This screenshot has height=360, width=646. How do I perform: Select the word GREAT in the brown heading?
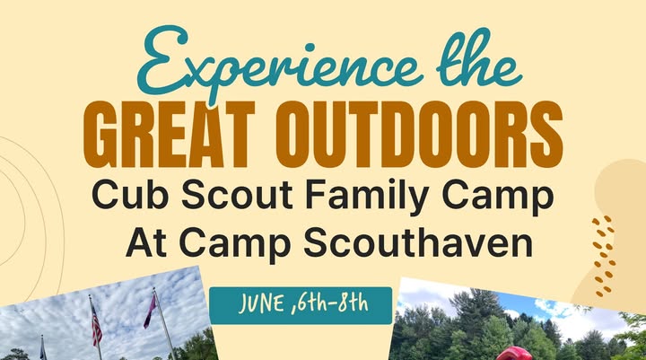[170, 135]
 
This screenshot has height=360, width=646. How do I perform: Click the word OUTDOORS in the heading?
[419, 135]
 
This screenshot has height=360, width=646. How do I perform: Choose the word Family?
[367, 198]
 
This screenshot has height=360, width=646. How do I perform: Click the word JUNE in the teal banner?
[261, 304]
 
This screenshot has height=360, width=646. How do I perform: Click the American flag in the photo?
[96, 324]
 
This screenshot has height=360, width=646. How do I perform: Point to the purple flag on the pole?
[150, 311]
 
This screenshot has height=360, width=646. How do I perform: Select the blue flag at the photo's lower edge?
[43, 347]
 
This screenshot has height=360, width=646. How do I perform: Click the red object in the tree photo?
[514, 354]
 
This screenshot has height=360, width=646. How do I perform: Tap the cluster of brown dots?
[603, 256]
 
